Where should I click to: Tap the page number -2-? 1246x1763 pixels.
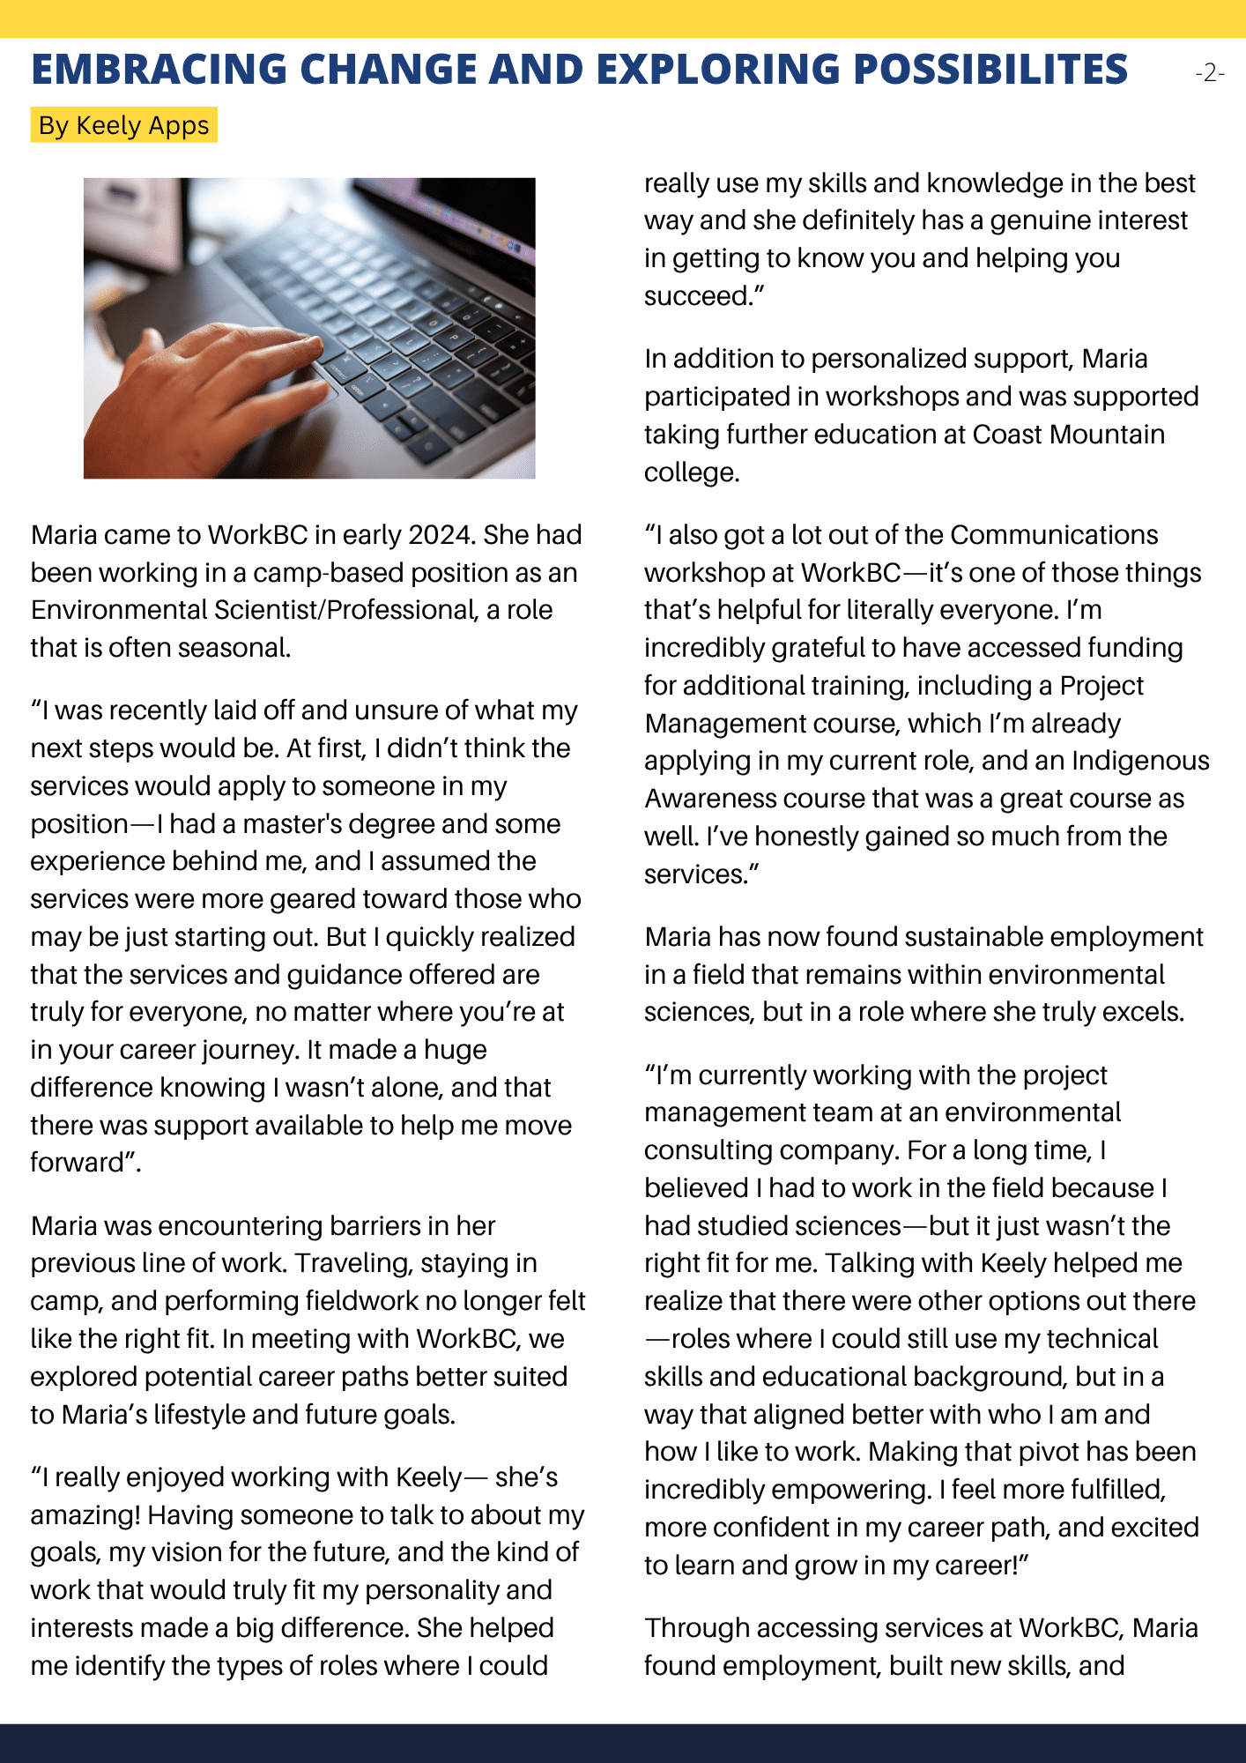(1210, 72)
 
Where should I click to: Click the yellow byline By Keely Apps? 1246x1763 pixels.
(124, 125)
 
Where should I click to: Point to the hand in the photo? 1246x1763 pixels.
(194, 388)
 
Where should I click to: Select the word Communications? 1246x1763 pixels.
(1054, 535)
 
